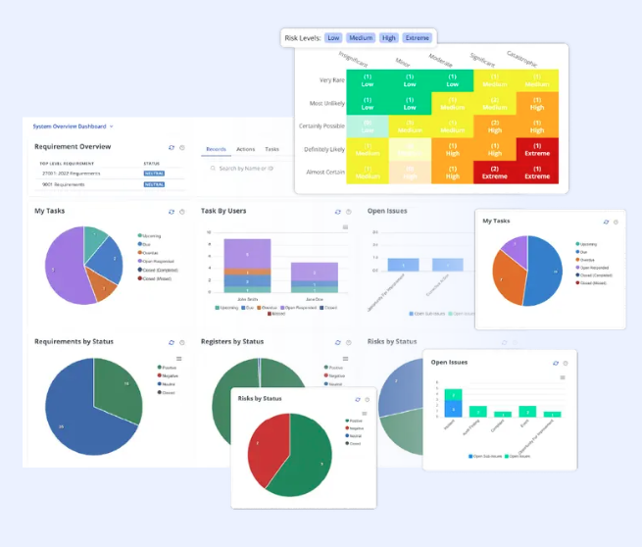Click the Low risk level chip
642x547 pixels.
tap(333, 38)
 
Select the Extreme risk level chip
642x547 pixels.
tap(417, 38)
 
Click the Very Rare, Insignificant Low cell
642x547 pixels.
tap(368, 79)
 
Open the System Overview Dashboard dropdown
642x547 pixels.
tap(74, 126)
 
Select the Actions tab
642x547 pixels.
tap(245, 150)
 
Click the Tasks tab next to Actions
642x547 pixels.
tap(272, 150)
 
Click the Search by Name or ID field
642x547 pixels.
tap(246, 169)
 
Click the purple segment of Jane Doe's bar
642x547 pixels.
tap(314, 273)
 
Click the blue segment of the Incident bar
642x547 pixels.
tap(453, 409)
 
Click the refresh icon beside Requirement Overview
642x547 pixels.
tap(172, 147)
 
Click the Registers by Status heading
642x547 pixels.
tap(232, 341)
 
